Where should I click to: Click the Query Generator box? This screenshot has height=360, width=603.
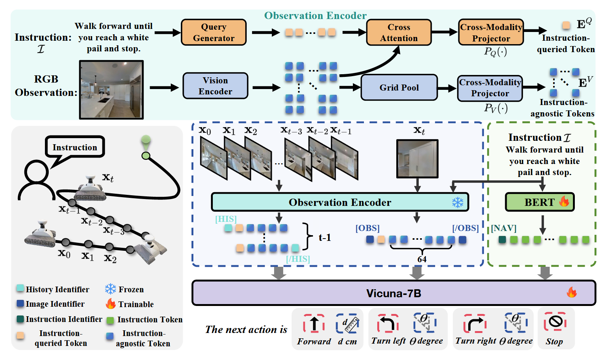point(214,32)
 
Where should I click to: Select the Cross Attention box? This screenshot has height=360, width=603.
point(399,32)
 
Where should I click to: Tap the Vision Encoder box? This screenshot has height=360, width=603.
point(215,86)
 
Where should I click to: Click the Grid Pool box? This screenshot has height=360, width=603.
point(399,88)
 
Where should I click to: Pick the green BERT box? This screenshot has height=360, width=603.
point(539,202)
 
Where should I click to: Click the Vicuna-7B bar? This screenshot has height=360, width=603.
point(394,293)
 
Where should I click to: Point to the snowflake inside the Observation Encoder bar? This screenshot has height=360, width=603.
point(458,202)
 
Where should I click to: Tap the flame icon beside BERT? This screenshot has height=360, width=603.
point(564,201)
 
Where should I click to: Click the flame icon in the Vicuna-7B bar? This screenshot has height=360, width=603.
point(571,292)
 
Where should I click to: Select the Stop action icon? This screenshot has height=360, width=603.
point(555,322)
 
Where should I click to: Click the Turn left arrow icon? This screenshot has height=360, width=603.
point(388,324)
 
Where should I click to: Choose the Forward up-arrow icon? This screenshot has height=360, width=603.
point(314,324)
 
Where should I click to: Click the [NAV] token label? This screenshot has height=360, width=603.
point(503,228)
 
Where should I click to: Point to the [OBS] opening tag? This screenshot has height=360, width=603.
point(367,228)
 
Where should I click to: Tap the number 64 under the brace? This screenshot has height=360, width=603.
point(422,259)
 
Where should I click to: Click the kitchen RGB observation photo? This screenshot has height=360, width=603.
point(111,89)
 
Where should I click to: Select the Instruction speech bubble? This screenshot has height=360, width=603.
point(75,147)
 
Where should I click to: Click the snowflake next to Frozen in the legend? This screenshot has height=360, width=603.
point(110,289)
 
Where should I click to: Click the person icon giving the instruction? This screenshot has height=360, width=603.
point(36,180)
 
